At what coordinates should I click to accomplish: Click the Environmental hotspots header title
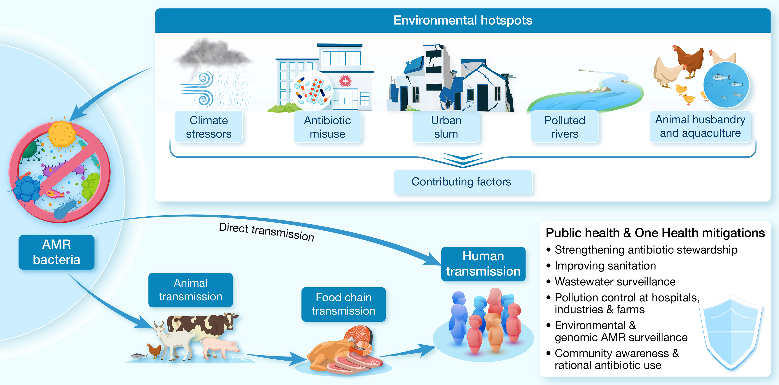click(463, 21)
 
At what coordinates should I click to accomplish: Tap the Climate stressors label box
click(209, 127)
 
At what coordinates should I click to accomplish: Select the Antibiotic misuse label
click(327, 127)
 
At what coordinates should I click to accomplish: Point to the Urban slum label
click(446, 127)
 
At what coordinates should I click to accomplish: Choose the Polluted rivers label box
click(565, 127)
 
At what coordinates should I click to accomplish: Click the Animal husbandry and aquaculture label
click(700, 126)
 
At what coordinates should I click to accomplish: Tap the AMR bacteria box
click(56, 252)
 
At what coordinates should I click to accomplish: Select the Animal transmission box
click(191, 290)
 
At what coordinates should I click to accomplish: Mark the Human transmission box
click(483, 264)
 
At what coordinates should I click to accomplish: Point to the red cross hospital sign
click(345, 81)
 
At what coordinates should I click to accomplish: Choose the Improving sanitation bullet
click(605, 266)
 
